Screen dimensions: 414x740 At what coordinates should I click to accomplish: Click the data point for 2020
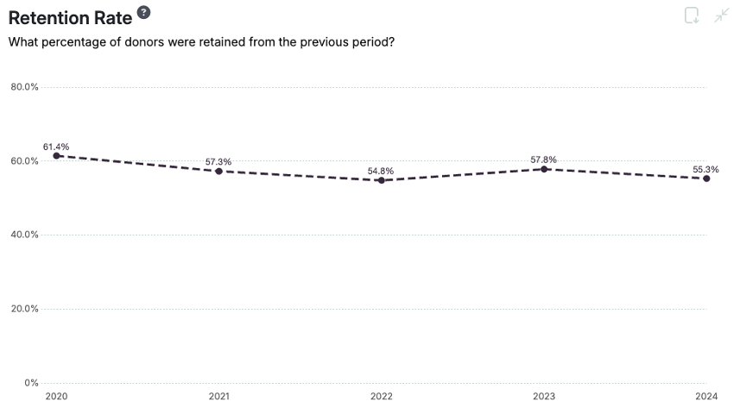56,156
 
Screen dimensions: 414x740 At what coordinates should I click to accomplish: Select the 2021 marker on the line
218,171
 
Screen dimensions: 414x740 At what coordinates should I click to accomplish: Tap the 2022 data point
381,180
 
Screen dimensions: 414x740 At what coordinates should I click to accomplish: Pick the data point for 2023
544,169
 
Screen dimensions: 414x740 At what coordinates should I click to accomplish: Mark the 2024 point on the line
706,179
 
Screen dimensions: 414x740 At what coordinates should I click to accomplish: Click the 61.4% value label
56,147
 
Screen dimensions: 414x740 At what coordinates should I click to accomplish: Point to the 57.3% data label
218,161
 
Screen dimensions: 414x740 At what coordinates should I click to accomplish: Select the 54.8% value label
381,171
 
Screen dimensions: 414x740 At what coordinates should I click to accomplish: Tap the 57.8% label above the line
544,160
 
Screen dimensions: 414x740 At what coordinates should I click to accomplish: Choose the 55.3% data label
705,169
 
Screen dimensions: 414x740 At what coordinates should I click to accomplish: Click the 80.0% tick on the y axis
25,87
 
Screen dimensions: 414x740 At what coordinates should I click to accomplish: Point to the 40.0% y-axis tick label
25,235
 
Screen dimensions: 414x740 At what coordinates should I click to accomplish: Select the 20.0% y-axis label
25,309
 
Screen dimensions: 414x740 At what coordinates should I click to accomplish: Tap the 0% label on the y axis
31,382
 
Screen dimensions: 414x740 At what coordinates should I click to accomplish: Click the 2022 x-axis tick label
381,397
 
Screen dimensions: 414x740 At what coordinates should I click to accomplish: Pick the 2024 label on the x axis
706,397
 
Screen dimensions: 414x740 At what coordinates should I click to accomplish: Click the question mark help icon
143,12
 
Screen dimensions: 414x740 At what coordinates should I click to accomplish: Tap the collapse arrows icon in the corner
722,16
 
